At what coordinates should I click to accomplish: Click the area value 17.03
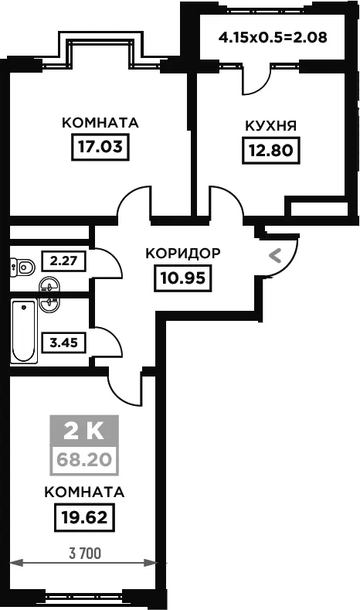pos(100,147)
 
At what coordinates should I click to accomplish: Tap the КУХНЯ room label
pos(271,126)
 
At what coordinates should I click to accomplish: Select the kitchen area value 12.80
pos(271,150)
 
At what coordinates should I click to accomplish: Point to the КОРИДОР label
pos(183,254)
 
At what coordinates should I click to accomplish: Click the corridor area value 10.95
pos(183,278)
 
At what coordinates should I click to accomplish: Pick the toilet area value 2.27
pos(64,261)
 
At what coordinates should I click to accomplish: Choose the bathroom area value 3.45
pos(64,342)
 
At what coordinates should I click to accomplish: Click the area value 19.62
pos(84,517)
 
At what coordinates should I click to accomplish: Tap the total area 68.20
pos(84,460)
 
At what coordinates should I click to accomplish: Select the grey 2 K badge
pos(84,431)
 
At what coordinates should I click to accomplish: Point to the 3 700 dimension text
pos(85,554)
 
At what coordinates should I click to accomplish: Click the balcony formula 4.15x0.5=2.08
pos(273,38)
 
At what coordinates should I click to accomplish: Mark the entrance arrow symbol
pos(275,256)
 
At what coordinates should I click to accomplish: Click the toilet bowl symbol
pos(22,267)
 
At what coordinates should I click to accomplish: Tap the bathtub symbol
pos(24,331)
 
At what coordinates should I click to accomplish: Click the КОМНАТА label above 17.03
pos(100,123)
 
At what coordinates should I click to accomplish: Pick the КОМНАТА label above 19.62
pos(84,492)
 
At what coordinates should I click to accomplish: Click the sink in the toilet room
pos(49,285)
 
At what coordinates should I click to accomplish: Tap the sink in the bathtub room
pos(49,304)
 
